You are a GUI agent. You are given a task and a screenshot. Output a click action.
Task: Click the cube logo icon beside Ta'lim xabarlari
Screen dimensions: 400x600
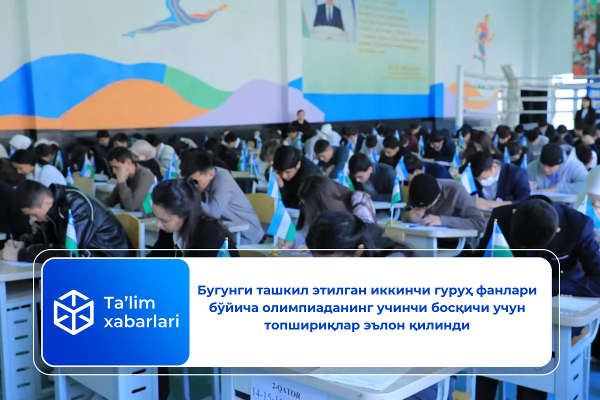tap(73, 312)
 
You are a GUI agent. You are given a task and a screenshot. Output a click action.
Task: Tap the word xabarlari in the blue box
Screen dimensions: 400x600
tap(141, 322)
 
